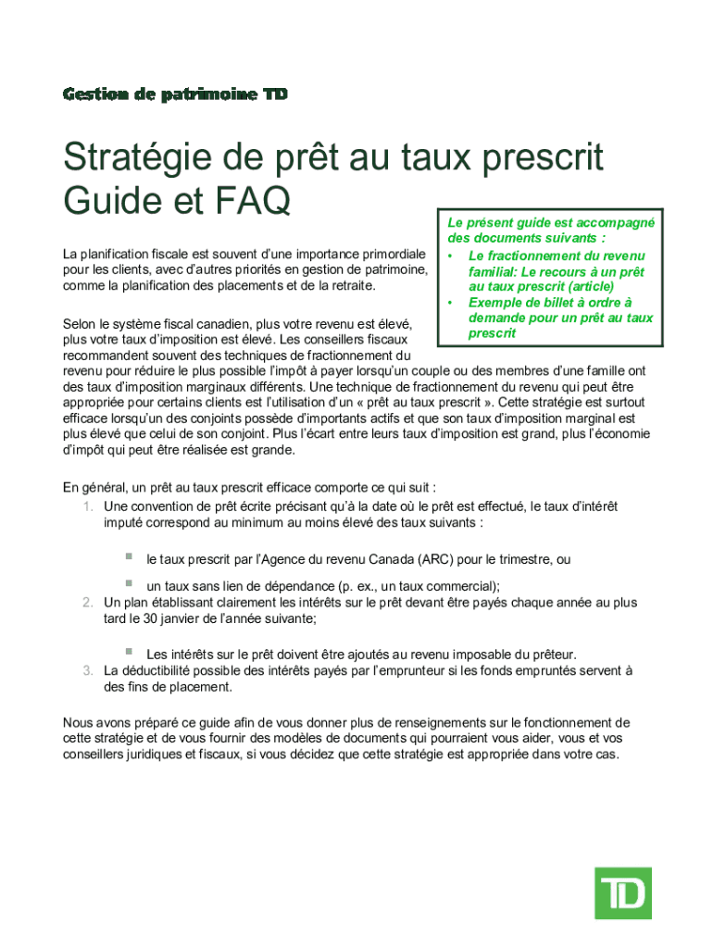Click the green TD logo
click(x=622, y=893)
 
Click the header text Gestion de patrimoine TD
click(x=175, y=94)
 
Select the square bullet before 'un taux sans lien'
click(x=130, y=583)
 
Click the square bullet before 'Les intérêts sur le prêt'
click(x=130, y=652)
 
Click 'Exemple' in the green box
click(x=499, y=303)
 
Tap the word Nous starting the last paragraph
click(x=80, y=722)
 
